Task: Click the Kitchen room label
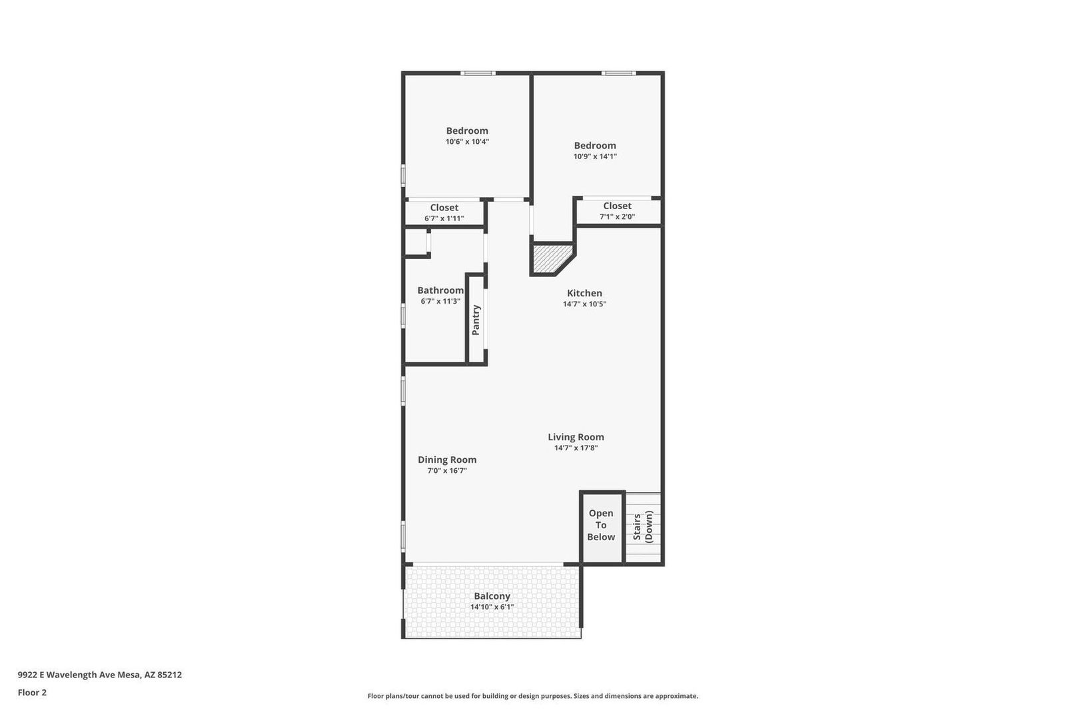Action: tap(584, 293)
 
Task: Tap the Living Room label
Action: tap(576, 437)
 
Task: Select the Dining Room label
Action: tap(447, 460)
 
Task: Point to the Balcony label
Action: tap(492, 596)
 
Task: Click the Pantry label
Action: tap(476, 320)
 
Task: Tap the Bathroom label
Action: tap(440, 290)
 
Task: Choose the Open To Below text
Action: tap(601, 525)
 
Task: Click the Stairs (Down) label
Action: tap(642, 527)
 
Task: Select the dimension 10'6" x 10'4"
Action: tap(467, 142)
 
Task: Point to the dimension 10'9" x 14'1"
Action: tap(595, 157)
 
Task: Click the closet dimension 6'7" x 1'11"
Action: tap(444, 219)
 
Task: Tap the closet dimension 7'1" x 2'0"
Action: tap(617, 217)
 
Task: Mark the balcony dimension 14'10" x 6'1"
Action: tap(492, 607)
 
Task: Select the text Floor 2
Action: tap(33, 693)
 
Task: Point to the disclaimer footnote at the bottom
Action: tap(532, 696)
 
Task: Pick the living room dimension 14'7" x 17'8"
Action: tap(576, 448)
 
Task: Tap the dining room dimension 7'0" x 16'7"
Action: tap(447, 471)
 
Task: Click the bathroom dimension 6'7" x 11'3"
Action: tap(440, 301)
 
